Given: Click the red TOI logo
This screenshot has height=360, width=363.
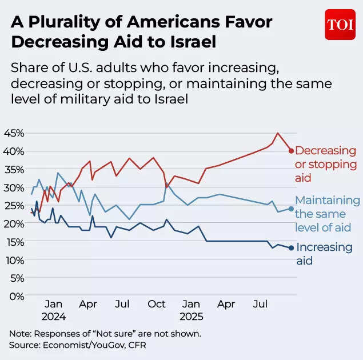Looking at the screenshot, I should pos(340,25).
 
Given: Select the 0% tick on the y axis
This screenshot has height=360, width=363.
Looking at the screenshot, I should pos(16,296).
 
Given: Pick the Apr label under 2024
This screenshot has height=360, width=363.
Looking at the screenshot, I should pos(87,304).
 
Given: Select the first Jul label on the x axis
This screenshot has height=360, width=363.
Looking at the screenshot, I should pos(121,304).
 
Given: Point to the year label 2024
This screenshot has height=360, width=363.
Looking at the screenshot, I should pos(53,316).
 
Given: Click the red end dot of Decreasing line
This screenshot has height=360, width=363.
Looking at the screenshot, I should pos(291,151).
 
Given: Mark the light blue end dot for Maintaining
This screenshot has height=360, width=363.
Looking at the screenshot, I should pos(291,209).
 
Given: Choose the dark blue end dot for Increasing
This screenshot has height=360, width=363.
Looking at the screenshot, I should pos(291,248).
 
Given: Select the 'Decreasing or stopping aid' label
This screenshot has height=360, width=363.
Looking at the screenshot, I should pos(325,164).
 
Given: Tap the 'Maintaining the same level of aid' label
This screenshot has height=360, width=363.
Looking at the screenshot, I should pos(327,214).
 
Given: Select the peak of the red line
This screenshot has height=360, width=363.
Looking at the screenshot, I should pos(277,133).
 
